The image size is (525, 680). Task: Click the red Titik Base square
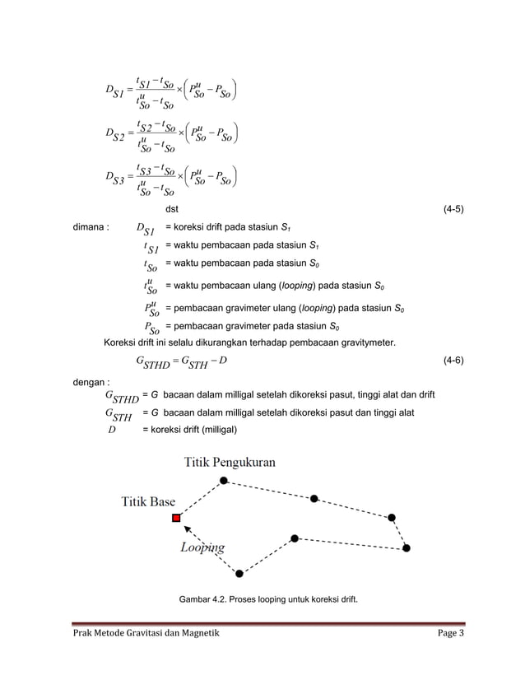click(x=176, y=518)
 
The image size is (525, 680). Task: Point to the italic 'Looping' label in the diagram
click(x=202, y=547)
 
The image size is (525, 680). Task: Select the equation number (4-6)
click(x=453, y=361)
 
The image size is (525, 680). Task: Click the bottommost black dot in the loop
click(x=239, y=574)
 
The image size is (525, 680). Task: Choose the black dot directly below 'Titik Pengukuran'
click(x=224, y=480)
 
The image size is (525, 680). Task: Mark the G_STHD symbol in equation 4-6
click(x=154, y=361)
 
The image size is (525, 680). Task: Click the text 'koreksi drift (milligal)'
click(x=190, y=430)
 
